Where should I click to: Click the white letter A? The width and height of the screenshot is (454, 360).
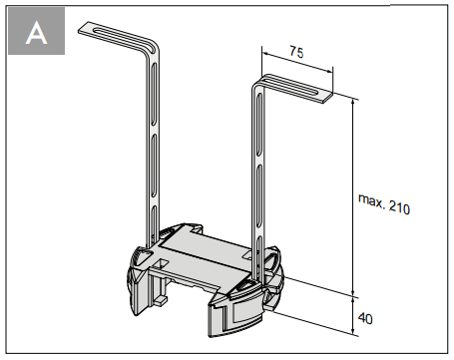[x=36, y=33]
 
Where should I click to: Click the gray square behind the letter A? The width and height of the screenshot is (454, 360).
[x=36, y=31]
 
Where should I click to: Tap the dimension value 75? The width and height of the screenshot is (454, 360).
[x=296, y=52]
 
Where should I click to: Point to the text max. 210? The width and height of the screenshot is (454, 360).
[x=384, y=203]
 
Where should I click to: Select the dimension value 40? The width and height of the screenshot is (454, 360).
[x=365, y=319]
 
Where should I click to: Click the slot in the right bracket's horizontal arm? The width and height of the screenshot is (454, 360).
[x=291, y=84]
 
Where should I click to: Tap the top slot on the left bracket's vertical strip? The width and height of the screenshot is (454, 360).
[x=154, y=94]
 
